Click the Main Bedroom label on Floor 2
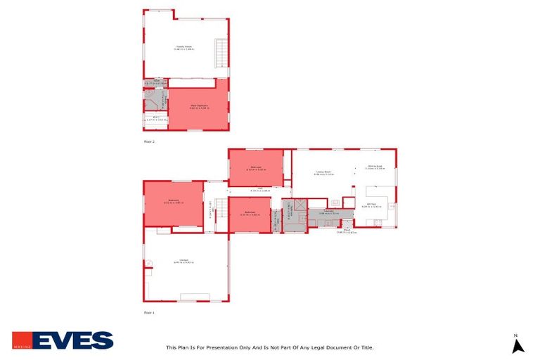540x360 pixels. [197, 107]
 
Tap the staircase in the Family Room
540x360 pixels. [221, 53]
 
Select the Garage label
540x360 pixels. [184, 261]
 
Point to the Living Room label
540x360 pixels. [323, 172]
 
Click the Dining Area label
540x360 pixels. [374, 167]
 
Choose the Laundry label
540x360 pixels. [328, 212]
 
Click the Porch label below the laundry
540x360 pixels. [347, 231]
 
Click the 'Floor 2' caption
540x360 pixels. [149, 141]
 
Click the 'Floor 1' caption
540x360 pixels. [149, 311]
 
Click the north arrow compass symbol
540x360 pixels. [517, 344]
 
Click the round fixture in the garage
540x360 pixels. [148, 264]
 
